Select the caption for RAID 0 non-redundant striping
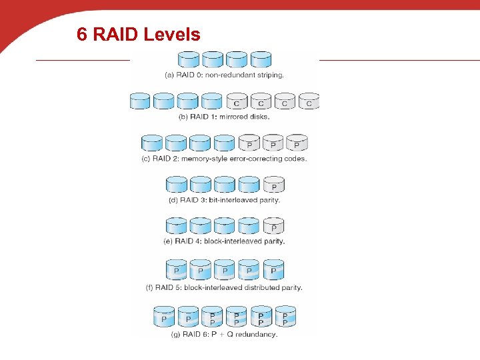coord(224,75)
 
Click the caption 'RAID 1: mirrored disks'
coord(225,116)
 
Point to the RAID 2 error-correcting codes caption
coord(224,159)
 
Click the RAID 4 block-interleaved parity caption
coord(225,241)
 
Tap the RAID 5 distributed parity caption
coord(224,288)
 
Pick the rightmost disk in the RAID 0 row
coord(261,59)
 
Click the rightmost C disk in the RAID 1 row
coord(309,101)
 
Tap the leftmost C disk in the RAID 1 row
coord(237,101)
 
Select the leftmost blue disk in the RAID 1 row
coord(141,101)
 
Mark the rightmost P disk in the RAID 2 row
coord(297,143)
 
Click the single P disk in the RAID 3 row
coord(274,185)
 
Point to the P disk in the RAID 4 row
coord(274,226)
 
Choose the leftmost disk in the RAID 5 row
coord(177,270)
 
